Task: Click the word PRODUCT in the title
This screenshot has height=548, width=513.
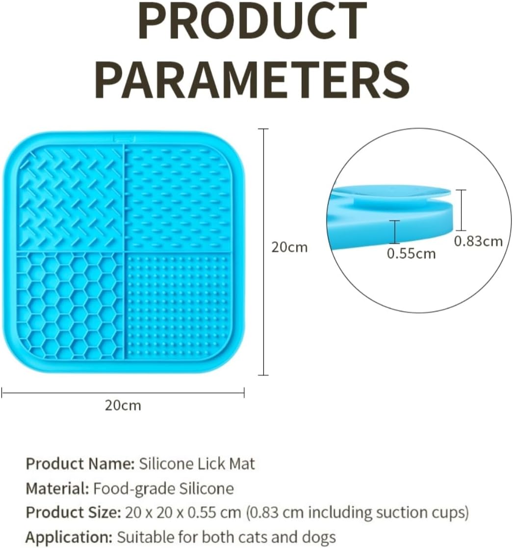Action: pos(253,24)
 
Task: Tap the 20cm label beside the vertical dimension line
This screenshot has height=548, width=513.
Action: pos(290,248)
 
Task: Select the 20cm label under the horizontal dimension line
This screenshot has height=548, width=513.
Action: pos(123,406)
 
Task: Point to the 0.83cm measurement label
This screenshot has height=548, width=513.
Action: pos(478,241)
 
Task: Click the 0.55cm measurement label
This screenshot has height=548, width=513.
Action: pos(411,254)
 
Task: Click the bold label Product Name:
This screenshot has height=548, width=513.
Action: pos(80,464)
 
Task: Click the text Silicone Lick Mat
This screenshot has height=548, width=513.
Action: pos(197,464)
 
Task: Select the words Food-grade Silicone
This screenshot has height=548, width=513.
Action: pos(163,489)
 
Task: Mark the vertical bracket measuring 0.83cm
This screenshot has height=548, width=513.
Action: pos(461,210)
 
